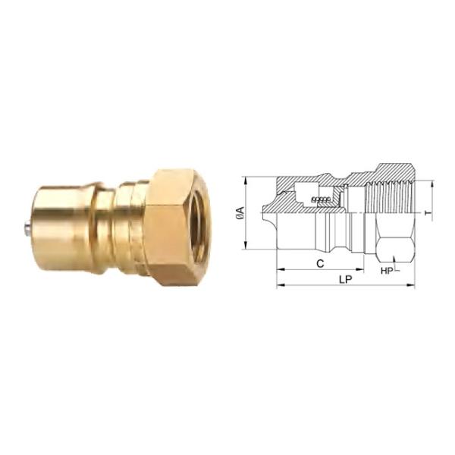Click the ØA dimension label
click(x=240, y=214)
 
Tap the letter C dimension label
click(x=320, y=264)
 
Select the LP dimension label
click(x=346, y=279)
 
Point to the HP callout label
click(x=387, y=271)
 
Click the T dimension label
click(x=428, y=213)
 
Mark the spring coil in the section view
click(x=321, y=199)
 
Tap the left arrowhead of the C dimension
click(x=280, y=269)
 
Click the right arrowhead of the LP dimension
click(x=412, y=286)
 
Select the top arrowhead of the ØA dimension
click(x=246, y=180)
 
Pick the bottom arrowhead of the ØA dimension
click(x=246, y=245)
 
